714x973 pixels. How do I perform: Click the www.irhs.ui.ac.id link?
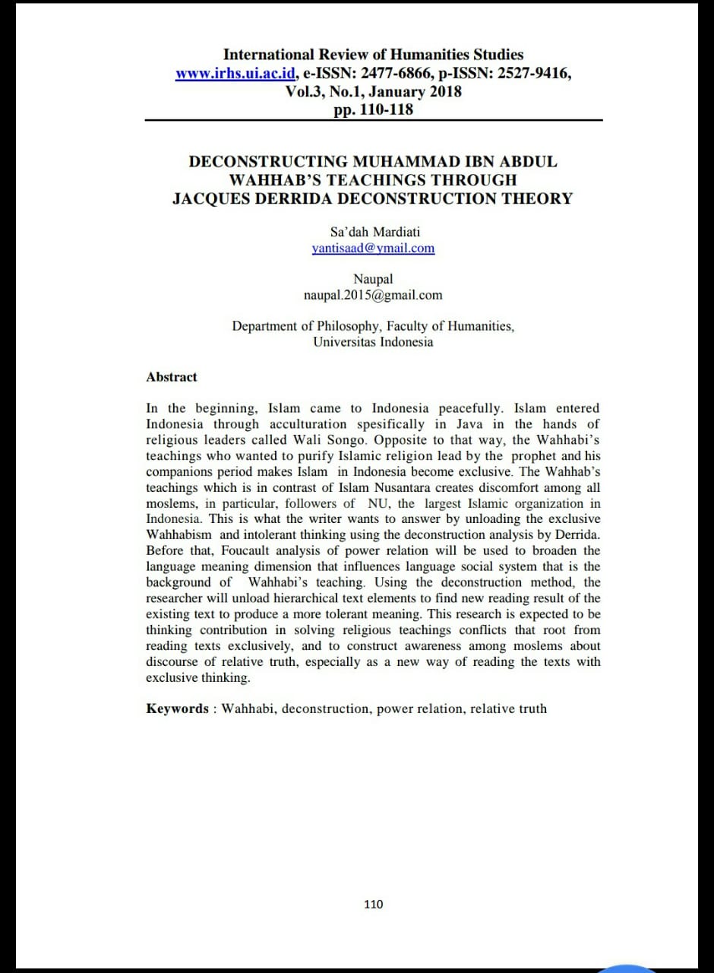[x=235, y=74]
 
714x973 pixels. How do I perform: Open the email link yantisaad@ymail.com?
[x=373, y=248]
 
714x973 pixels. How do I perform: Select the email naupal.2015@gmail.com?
[x=373, y=295]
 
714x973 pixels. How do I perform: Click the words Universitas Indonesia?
[x=373, y=342]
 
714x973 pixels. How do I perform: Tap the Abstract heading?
[x=172, y=377]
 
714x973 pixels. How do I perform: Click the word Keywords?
[x=177, y=708]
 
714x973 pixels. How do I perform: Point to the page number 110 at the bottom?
[x=374, y=904]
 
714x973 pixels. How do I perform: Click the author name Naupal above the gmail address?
[x=373, y=279]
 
